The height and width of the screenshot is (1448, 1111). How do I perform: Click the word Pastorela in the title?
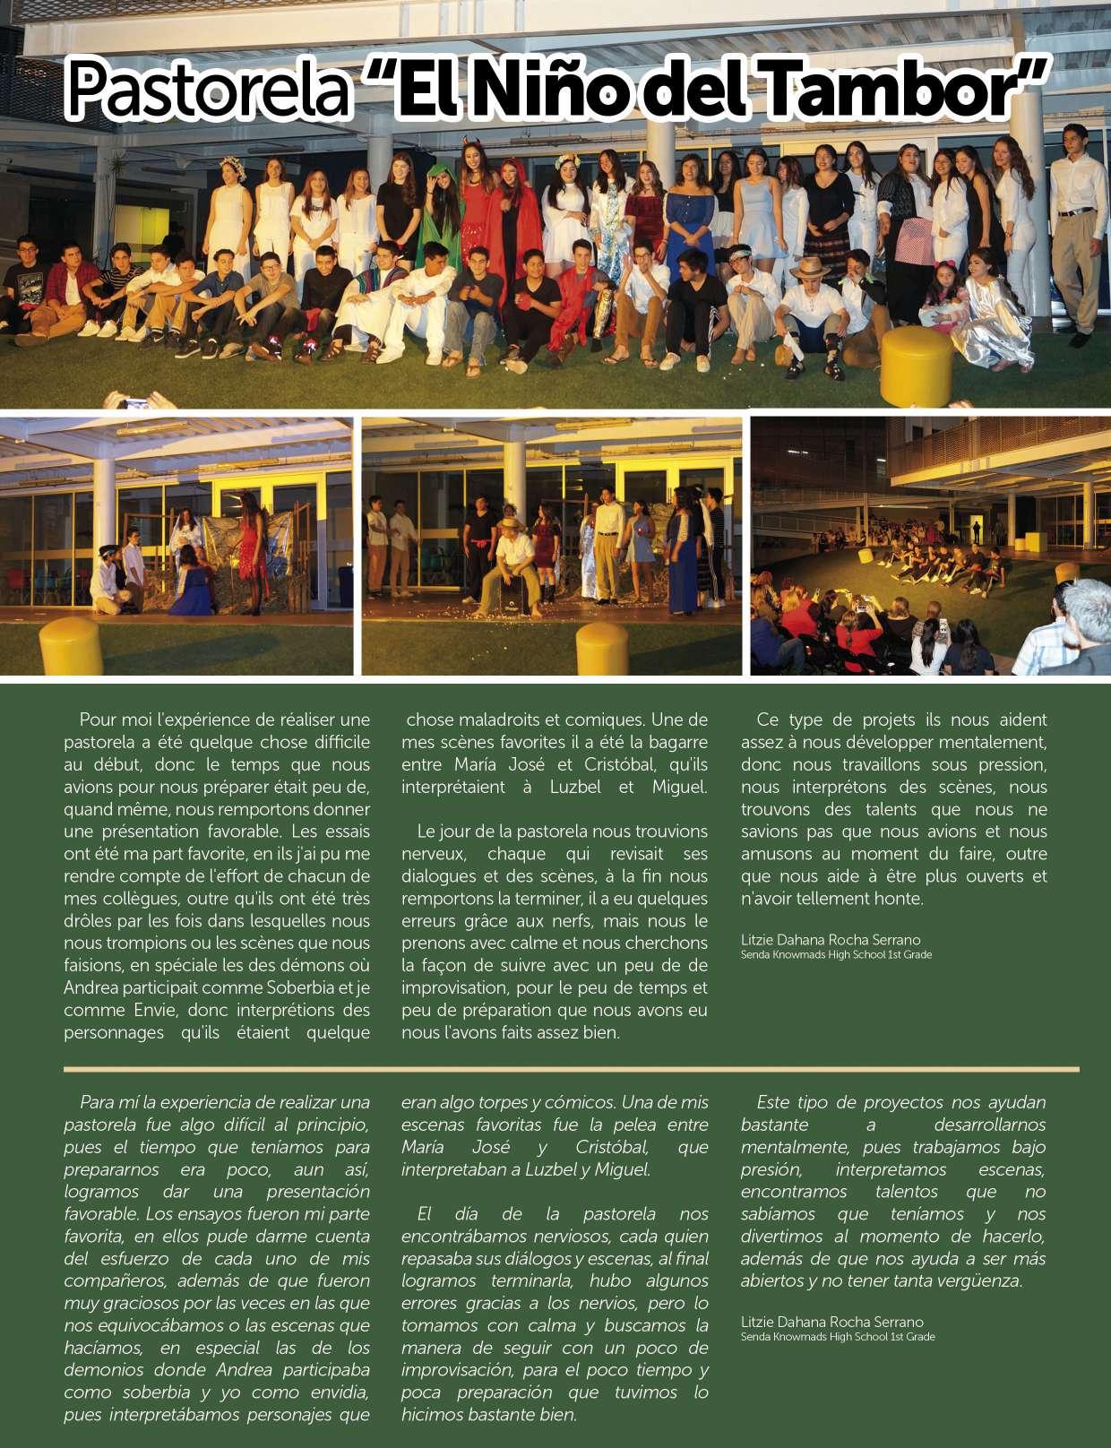209,90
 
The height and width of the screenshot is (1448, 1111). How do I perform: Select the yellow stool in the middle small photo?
601,647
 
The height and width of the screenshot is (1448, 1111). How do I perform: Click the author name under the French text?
831,940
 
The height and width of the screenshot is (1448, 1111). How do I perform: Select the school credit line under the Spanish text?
837,1337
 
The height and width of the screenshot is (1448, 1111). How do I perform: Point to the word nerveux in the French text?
431,854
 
